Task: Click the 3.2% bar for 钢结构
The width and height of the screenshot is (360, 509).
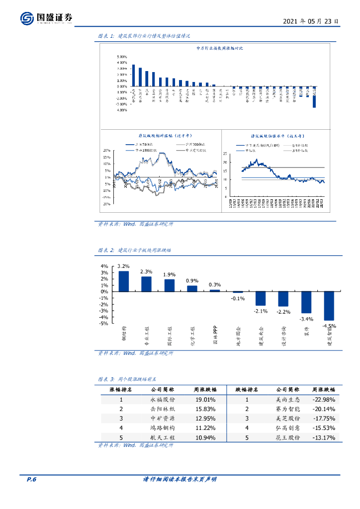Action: coord(123,281)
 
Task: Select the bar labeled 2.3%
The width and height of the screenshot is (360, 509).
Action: coord(146,284)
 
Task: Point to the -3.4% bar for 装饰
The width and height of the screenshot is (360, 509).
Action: coord(306,302)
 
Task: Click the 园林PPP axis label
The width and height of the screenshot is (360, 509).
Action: coord(215,336)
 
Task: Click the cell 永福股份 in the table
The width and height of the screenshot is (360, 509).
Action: coord(162,399)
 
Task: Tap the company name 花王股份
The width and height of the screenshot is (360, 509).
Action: coord(288,437)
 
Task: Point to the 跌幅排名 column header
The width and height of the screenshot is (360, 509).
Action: coord(247,390)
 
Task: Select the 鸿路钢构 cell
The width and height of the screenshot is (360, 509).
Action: coord(162,428)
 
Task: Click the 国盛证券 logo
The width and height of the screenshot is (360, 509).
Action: coord(47,18)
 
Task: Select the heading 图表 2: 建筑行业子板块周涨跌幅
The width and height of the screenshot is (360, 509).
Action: coord(134,250)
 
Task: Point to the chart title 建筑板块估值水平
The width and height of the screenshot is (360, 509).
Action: coord(277,135)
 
